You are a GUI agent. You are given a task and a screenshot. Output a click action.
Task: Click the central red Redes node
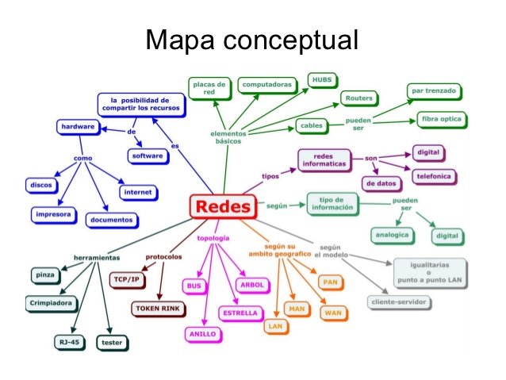pyautogui.click(x=223, y=207)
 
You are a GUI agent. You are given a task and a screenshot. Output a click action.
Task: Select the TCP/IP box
pyautogui.click(x=125, y=279)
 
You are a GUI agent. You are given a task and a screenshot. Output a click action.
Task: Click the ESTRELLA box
pyautogui.click(x=240, y=313)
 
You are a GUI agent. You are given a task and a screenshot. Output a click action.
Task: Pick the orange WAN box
pyautogui.click(x=332, y=313)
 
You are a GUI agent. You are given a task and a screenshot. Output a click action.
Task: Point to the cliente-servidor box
pyautogui.click(x=399, y=301)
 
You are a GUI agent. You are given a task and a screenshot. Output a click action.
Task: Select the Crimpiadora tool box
pyautogui.click(x=50, y=302)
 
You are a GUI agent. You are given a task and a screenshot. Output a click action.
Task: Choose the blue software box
pyautogui.click(x=148, y=155)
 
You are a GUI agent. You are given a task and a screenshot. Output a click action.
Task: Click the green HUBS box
pyautogui.click(x=322, y=80)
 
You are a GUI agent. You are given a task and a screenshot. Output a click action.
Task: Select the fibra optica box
pyautogui.click(x=442, y=120)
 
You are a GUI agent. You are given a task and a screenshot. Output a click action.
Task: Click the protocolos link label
pyautogui.click(x=163, y=256)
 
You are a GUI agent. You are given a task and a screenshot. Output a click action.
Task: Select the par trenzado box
pyautogui.click(x=433, y=91)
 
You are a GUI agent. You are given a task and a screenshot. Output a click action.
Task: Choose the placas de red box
pyautogui.click(x=210, y=88)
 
